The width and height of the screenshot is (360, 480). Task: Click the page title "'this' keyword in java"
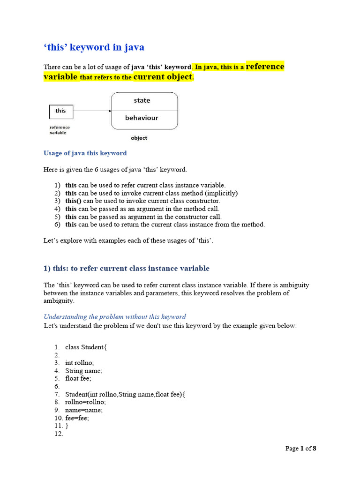(94, 47)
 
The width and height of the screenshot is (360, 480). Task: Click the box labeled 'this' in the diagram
(61, 111)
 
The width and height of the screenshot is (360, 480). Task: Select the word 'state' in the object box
(142, 100)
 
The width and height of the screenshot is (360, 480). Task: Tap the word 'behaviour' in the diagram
(142, 118)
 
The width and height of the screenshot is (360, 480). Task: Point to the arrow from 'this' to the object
(92, 111)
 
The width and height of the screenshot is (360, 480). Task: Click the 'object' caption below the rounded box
(139, 138)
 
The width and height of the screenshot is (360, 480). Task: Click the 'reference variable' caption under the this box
(60, 130)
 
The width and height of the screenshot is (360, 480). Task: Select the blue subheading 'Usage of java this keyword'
(85, 153)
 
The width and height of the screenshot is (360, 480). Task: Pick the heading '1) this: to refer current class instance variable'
(126, 268)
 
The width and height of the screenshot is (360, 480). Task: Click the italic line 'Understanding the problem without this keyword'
(115, 316)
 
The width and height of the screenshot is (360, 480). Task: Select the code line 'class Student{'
(86, 347)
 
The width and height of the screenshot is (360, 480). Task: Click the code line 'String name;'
(84, 370)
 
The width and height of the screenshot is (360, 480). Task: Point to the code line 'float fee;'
(78, 378)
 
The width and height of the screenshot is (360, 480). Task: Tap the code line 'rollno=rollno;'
(86, 402)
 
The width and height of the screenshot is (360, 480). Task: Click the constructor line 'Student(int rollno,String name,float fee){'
(125, 394)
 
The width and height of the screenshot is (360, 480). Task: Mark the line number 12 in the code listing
(59, 434)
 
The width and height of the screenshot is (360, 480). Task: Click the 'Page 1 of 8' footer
(301, 449)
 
